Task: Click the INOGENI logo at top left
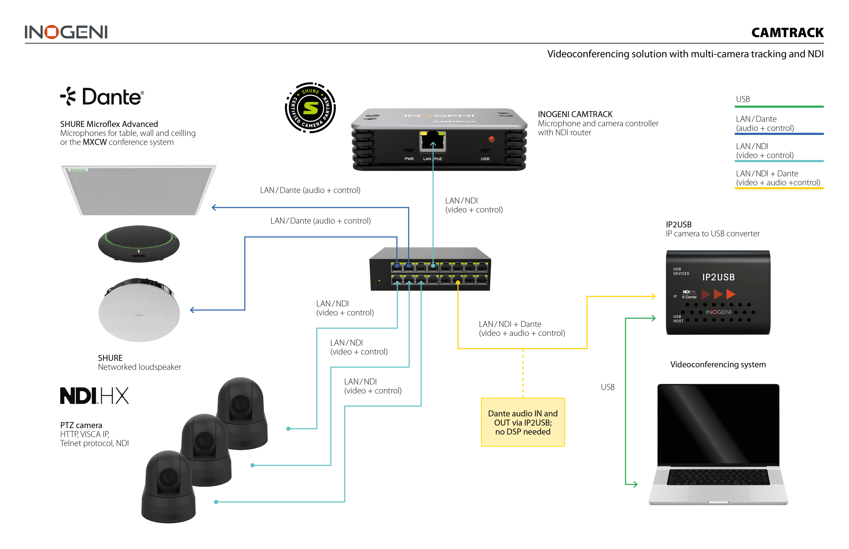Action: click(x=66, y=32)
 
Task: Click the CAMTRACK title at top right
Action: click(x=787, y=33)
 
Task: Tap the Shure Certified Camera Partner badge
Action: click(x=310, y=107)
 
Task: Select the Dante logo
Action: click(x=102, y=96)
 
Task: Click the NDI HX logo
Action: click(x=94, y=396)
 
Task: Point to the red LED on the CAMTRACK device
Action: click(x=491, y=139)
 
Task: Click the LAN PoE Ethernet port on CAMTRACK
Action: click(x=432, y=141)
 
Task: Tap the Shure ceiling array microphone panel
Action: click(x=138, y=190)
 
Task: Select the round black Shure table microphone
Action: click(x=139, y=243)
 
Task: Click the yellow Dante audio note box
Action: click(x=523, y=422)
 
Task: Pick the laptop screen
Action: click(x=718, y=424)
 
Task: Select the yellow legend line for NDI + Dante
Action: click(x=779, y=188)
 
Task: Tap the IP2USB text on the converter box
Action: click(x=718, y=277)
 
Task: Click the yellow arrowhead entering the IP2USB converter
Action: click(x=653, y=296)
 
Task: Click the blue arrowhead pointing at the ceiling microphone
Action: click(x=214, y=208)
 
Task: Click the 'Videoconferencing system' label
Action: click(x=717, y=364)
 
